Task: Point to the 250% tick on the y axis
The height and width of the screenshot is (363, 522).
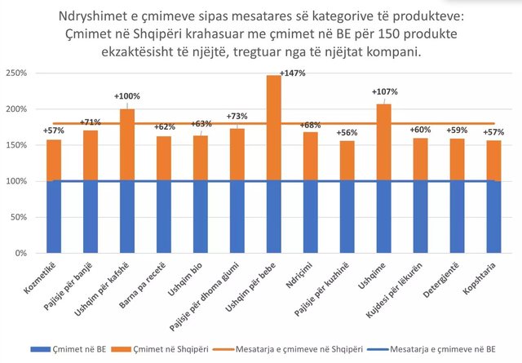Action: coord(15,73)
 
